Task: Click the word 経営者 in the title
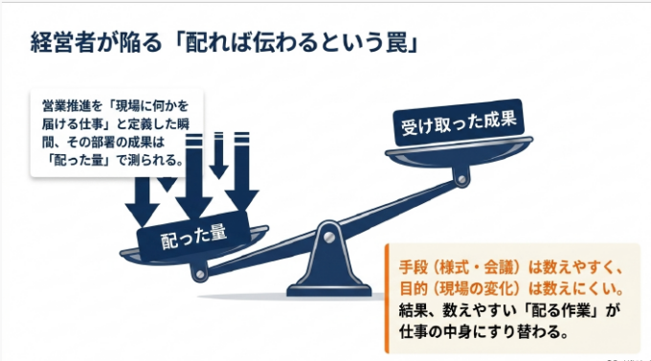click(x=61, y=43)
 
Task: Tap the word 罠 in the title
click(x=397, y=43)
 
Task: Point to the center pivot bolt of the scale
click(x=328, y=237)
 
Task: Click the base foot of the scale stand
click(x=329, y=290)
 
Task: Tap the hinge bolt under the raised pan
click(x=461, y=179)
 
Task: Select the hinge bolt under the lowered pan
click(x=200, y=274)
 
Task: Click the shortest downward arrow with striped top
click(x=218, y=155)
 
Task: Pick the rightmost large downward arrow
click(x=242, y=171)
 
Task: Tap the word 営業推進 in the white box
click(x=66, y=105)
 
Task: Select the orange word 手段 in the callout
click(x=414, y=267)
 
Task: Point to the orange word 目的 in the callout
click(x=414, y=288)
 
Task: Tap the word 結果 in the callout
click(x=414, y=310)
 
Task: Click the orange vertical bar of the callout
click(x=387, y=298)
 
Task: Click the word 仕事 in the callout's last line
click(x=414, y=331)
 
